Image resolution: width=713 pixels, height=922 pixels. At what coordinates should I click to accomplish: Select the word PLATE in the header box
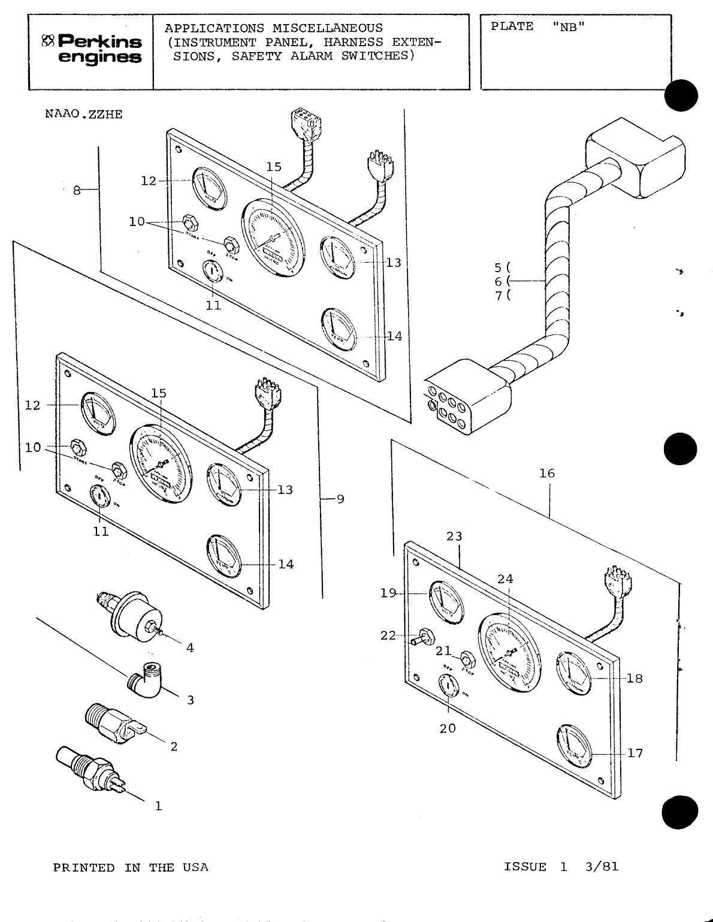[512, 27]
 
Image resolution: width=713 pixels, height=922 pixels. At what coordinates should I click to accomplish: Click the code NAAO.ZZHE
[84, 115]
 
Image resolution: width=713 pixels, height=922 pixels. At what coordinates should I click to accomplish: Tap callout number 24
[505, 579]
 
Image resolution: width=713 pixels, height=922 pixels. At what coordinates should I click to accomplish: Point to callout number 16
[546, 474]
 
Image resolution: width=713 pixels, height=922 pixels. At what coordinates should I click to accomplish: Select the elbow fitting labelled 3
[145, 682]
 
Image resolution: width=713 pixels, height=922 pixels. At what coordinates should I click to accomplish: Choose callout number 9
[340, 499]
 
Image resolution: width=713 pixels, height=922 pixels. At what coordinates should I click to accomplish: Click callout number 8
[76, 191]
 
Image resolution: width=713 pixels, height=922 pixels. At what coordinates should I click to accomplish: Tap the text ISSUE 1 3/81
[561, 867]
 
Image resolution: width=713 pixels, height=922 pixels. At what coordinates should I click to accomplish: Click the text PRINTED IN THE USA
[131, 867]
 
